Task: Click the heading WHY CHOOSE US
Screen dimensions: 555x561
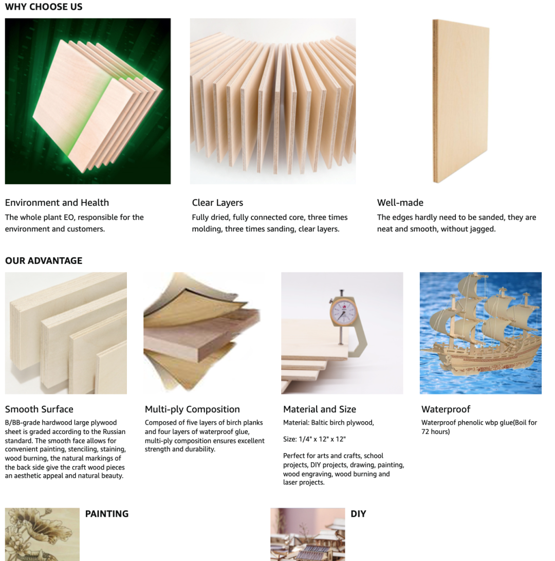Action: tap(44, 7)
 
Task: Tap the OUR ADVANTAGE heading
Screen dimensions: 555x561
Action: tap(44, 261)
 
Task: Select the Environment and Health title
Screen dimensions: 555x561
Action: tap(57, 203)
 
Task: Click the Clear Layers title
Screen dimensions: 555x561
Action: tap(217, 203)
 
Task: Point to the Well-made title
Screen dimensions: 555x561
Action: tap(400, 203)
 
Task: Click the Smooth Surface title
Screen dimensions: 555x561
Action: tap(39, 409)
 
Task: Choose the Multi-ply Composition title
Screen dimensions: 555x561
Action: tap(192, 409)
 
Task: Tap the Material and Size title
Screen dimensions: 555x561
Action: tap(320, 409)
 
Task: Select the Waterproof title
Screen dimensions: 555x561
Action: tap(446, 409)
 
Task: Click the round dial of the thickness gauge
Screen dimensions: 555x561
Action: tap(343, 311)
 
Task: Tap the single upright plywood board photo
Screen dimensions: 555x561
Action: tap(460, 101)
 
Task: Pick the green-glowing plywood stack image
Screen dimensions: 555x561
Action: tap(88, 101)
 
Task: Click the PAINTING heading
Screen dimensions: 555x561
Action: tap(107, 514)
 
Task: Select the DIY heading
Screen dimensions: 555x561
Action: tap(358, 514)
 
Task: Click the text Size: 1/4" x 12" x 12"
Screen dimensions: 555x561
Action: tap(314, 439)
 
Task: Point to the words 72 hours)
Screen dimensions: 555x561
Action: tap(436, 431)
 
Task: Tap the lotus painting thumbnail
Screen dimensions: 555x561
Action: tap(42, 535)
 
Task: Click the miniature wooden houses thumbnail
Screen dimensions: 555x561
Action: tap(307, 535)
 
